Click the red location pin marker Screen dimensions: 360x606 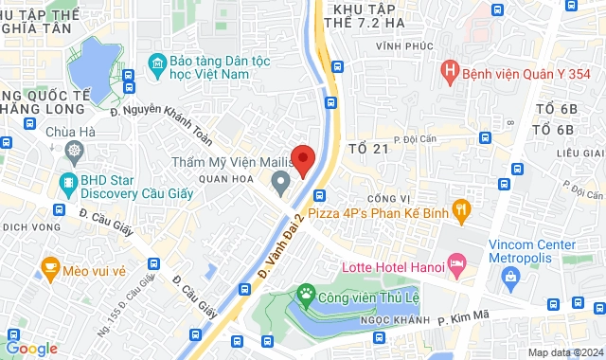pyautogui.click(x=302, y=159)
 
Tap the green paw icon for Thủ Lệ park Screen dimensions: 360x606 pyautogui.click(x=305, y=296)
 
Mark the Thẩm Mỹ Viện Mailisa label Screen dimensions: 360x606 pyautogui.click(x=241, y=160)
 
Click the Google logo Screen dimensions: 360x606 pyautogui.click(x=31, y=348)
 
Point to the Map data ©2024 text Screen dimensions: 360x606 pyautogui.click(x=565, y=352)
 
